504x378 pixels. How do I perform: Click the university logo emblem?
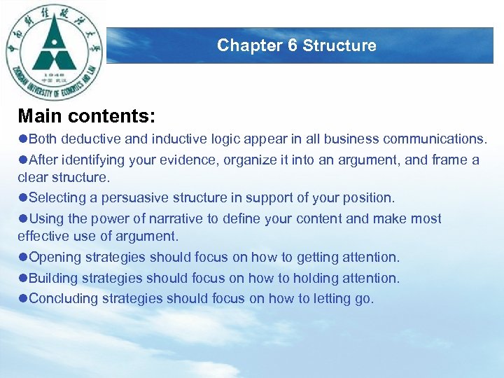pos(55,52)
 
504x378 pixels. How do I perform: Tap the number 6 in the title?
pos(293,45)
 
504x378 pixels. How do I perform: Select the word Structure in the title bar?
pos(339,45)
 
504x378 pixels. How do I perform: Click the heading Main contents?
pos(87,115)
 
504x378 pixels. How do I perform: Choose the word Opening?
pos(55,258)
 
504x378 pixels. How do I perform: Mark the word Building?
pos(53,278)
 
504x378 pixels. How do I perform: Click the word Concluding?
pos(64,299)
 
